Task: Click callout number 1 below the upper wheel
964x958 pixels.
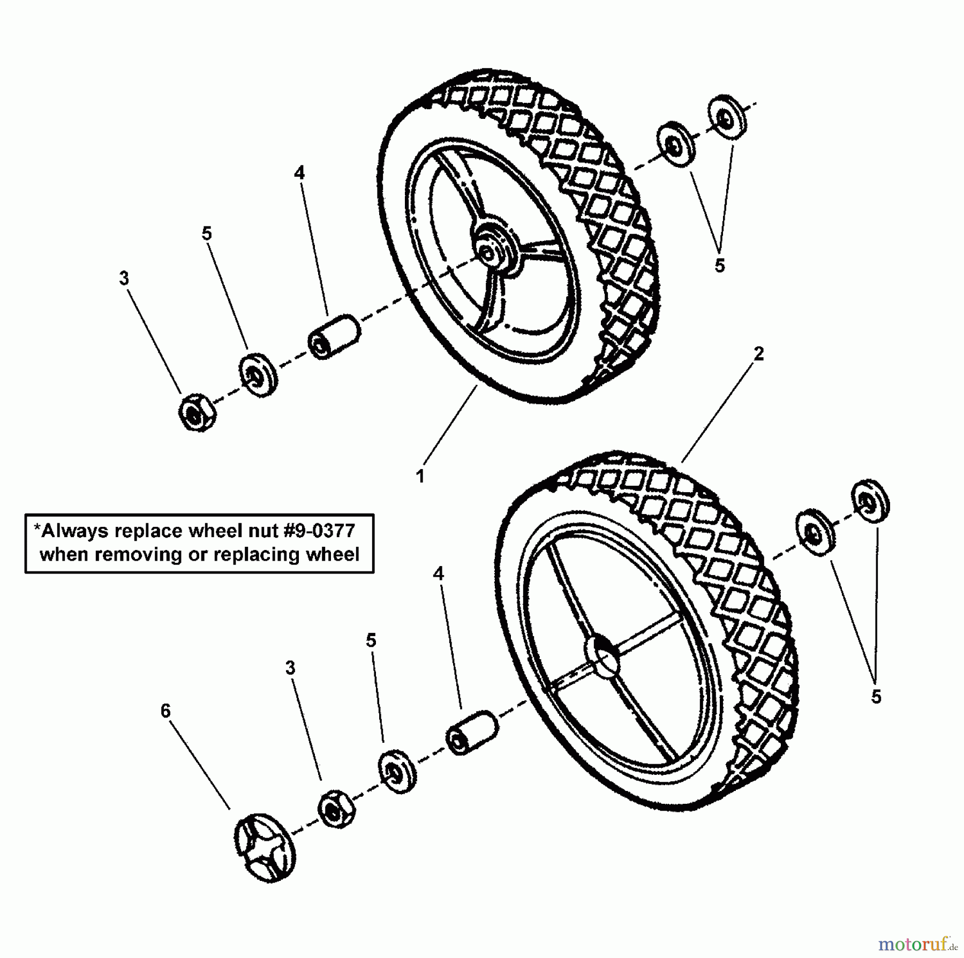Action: coord(420,476)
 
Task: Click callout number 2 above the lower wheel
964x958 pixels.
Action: coord(758,354)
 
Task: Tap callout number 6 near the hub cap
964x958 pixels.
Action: coord(165,711)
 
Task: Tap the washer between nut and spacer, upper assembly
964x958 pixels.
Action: coord(258,374)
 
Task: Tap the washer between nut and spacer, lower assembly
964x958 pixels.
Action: coord(397,772)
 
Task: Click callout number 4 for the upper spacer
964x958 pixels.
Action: coord(299,172)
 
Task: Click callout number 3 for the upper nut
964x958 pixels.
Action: coord(124,278)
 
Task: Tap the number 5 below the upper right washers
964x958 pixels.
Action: coord(719,266)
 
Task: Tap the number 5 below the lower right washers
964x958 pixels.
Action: coord(876,697)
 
